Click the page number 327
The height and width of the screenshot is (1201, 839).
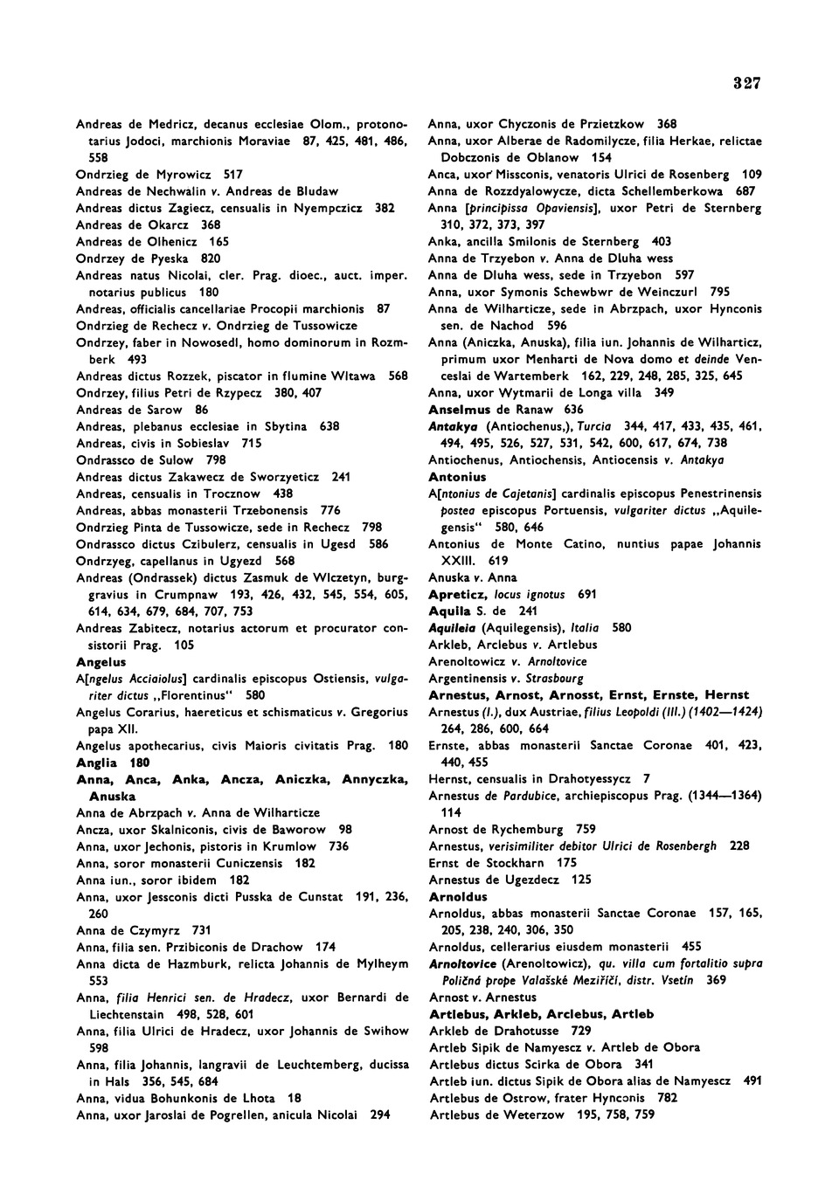pos(747,84)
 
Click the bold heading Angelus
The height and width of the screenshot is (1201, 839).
pos(101,662)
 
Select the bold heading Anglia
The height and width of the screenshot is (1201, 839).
pos(97,763)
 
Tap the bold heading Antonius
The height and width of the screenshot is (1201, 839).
pos(457,477)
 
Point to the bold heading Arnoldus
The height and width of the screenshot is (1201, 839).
pos(458,896)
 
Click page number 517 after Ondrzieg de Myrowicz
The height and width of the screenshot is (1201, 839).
pos(233,175)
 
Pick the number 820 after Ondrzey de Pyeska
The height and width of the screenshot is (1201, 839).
pos(211,259)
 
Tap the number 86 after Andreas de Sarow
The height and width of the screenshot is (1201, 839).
pos(202,410)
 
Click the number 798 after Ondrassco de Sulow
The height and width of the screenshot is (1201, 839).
pos(216,460)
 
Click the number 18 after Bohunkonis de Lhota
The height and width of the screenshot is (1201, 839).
pos(295,1098)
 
